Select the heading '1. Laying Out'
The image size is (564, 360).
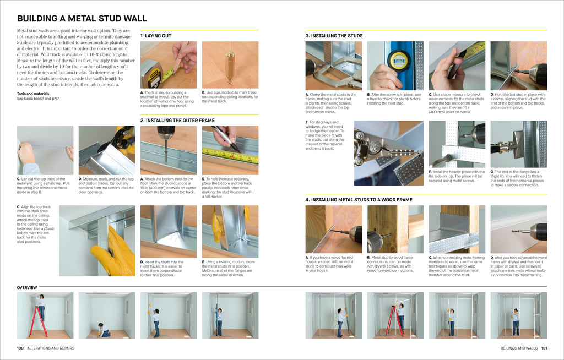[156, 36]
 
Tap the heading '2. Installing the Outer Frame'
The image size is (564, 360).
[177, 120]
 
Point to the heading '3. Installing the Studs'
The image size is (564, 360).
[334, 36]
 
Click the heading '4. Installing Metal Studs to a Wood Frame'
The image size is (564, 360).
[359, 200]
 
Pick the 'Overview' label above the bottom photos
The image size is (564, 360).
[27, 288]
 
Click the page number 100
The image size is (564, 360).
[20, 348]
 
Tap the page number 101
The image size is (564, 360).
[544, 348]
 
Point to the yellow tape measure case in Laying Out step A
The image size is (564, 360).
[151, 75]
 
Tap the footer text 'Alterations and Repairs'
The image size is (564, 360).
[51, 348]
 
